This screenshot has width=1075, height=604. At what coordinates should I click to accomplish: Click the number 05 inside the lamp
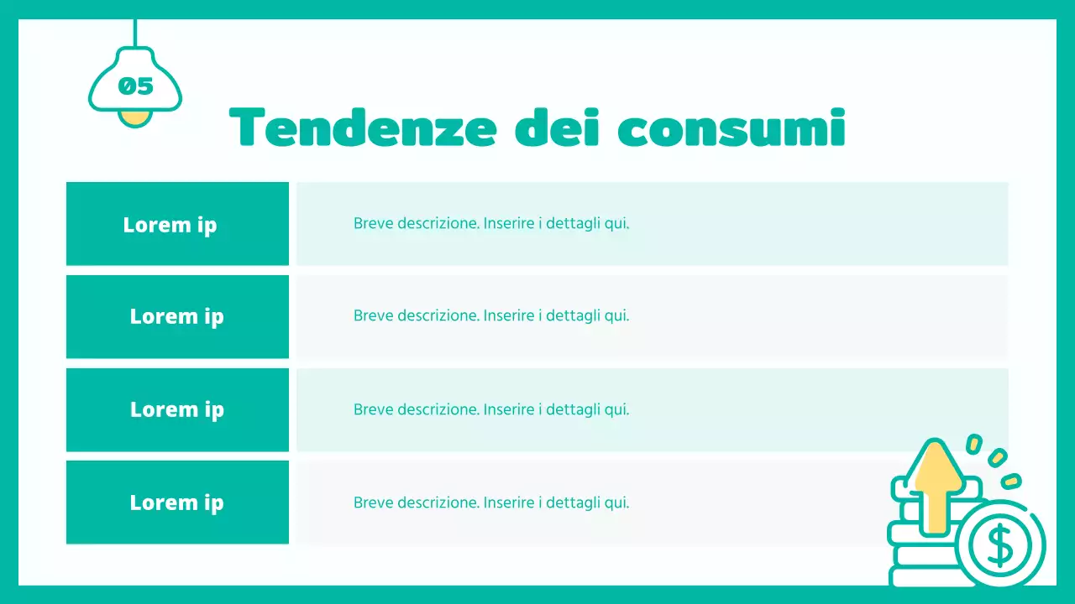click(135, 86)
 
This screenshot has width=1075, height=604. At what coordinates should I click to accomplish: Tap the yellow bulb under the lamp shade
click(134, 117)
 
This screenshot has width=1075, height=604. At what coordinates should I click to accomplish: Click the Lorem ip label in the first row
click(170, 225)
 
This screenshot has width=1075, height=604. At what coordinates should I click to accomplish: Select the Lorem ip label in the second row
click(176, 316)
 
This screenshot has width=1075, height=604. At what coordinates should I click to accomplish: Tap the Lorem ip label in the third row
click(176, 409)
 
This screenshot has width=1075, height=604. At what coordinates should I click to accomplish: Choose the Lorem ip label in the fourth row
click(176, 502)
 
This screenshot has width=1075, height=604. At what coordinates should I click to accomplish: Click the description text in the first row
click(490, 224)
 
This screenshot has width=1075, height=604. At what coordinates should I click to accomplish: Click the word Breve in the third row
click(373, 409)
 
